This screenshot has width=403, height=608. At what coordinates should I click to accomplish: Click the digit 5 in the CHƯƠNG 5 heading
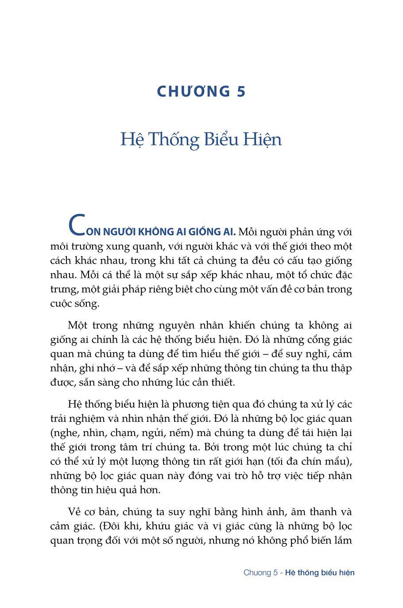point(240,92)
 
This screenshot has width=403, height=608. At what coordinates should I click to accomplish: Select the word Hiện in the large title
point(261,140)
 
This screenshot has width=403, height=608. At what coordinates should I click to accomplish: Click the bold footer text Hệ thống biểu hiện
point(320,573)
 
